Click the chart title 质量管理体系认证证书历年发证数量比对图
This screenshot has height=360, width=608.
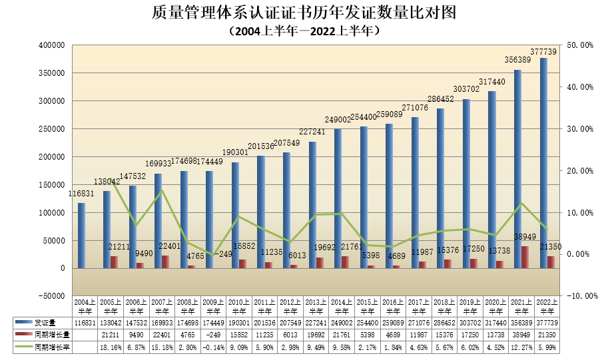[304, 13]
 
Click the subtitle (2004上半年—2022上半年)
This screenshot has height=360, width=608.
[304, 31]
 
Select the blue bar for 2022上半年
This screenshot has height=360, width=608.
[543, 163]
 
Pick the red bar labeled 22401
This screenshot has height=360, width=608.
[164, 262]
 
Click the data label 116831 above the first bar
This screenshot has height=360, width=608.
[81, 193]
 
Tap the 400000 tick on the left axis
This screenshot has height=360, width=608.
[51, 45]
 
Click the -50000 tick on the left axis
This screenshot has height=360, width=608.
[51, 296]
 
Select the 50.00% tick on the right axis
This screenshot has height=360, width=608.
[577, 45]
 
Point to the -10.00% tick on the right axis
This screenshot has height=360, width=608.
[577, 296]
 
